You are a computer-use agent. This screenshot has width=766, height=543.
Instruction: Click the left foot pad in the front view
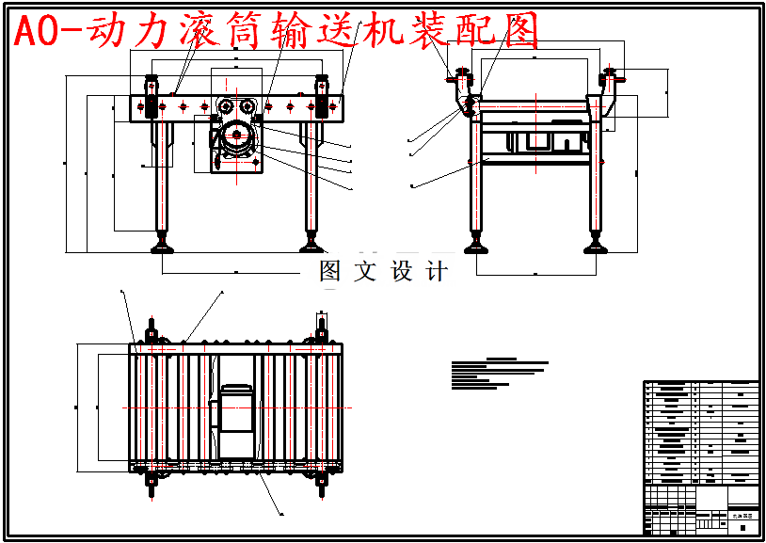(x=164, y=248)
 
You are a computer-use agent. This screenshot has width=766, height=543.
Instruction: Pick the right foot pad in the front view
(x=311, y=248)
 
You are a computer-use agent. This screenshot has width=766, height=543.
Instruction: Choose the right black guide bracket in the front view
(x=322, y=98)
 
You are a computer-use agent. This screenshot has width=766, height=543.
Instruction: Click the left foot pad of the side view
(x=476, y=248)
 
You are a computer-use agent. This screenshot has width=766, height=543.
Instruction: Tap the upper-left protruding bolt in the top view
(x=151, y=331)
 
